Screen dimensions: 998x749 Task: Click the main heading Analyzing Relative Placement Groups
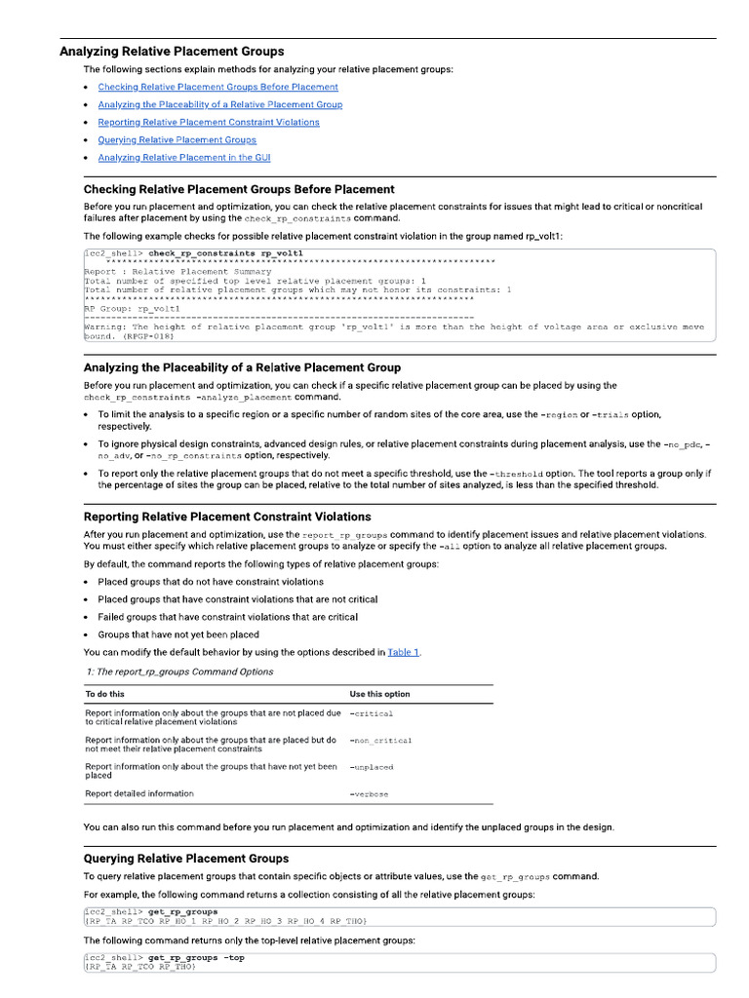tap(172, 52)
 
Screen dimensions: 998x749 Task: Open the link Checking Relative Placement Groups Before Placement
tap(217, 87)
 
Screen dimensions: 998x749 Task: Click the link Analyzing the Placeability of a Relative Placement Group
tap(219, 104)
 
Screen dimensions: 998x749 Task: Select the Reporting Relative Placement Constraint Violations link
tap(208, 122)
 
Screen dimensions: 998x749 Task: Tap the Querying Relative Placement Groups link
tap(177, 139)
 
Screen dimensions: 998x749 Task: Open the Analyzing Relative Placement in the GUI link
tap(183, 157)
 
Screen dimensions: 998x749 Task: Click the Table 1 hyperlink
tap(403, 652)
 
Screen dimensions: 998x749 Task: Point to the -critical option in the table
tap(371, 714)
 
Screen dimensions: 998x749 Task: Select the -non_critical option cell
tap(380, 741)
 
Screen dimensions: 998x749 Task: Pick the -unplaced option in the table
tap(372, 768)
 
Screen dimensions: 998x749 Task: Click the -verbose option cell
tap(369, 794)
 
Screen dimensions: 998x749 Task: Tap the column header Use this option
tap(379, 694)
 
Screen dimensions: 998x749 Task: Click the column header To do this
tap(105, 694)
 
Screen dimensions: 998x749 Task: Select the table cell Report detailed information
tap(139, 793)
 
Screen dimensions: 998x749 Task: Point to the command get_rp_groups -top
tap(196, 958)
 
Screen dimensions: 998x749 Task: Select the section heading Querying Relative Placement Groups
tap(186, 859)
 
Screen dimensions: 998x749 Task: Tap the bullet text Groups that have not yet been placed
tap(178, 634)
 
